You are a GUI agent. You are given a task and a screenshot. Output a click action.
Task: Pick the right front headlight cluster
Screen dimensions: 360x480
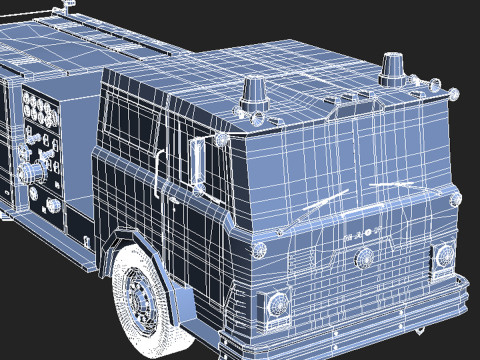[x=444, y=257]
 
